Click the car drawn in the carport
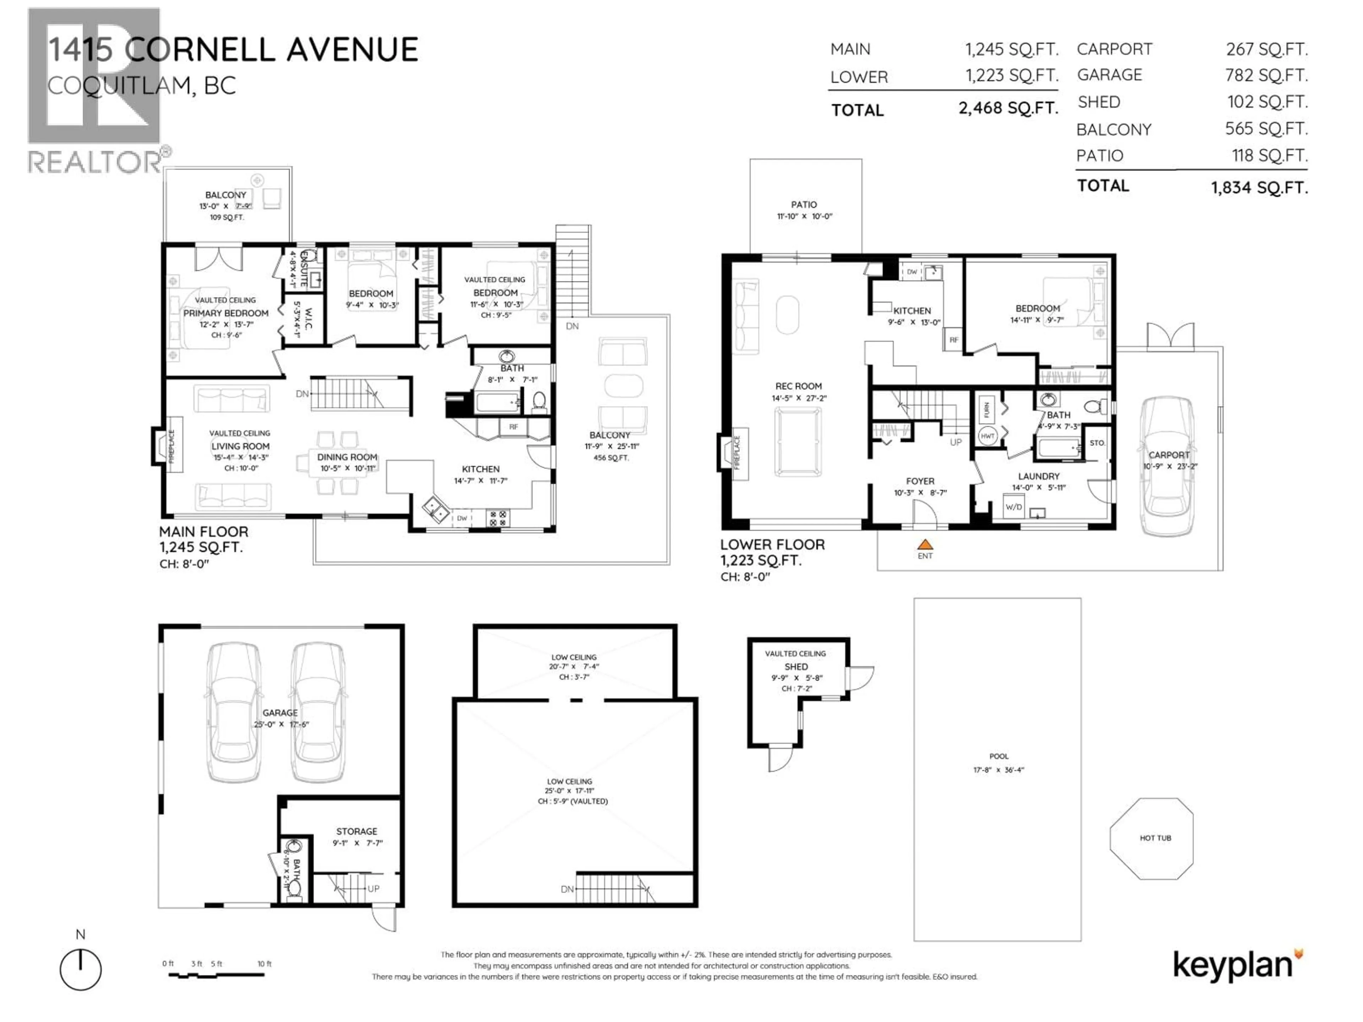coord(1168,465)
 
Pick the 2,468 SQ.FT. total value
coord(1008,109)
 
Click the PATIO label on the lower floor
coord(804,204)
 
